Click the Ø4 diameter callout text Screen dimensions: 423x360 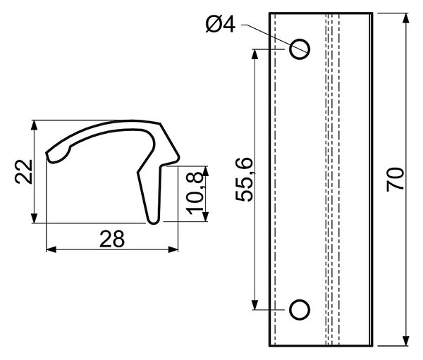point(221,25)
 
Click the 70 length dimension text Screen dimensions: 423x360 point(396,180)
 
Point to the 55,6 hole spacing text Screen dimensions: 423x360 point(244,180)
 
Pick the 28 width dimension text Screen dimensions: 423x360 point(112,239)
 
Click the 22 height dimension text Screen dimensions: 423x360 point(24,172)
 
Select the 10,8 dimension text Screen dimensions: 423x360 point(195,193)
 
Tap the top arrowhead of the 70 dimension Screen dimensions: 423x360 point(405,18)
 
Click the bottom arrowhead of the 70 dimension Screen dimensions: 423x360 point(405,340)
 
